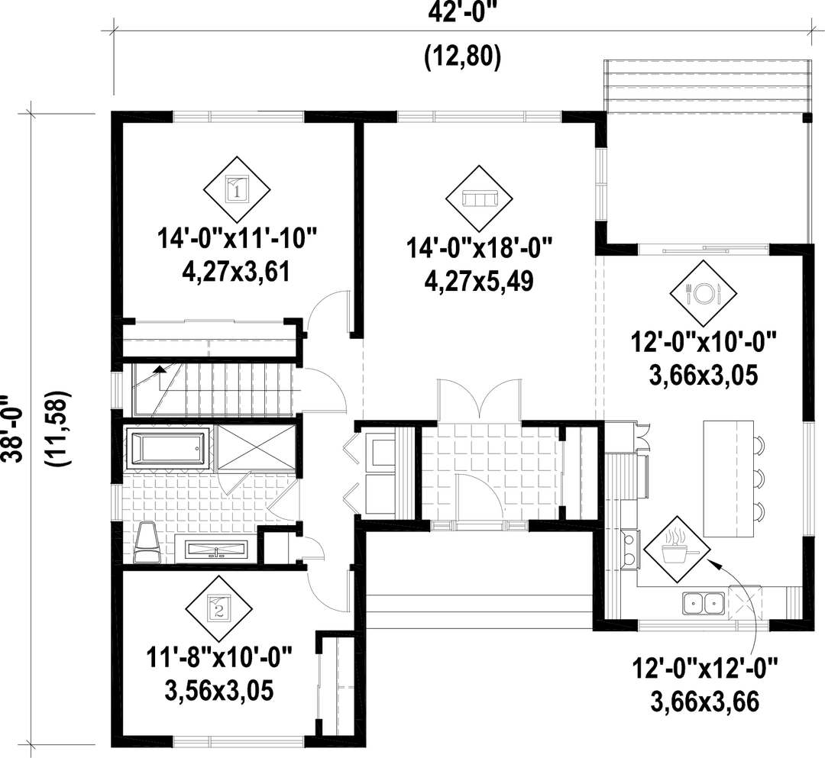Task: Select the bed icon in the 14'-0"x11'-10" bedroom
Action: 238,187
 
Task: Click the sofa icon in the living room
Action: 479,199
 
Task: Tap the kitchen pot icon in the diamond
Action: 675,544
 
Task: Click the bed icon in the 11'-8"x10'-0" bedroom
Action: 220,607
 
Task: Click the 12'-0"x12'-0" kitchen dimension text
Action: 704,672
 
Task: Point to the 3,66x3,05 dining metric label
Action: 704,377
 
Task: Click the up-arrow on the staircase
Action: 160,373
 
